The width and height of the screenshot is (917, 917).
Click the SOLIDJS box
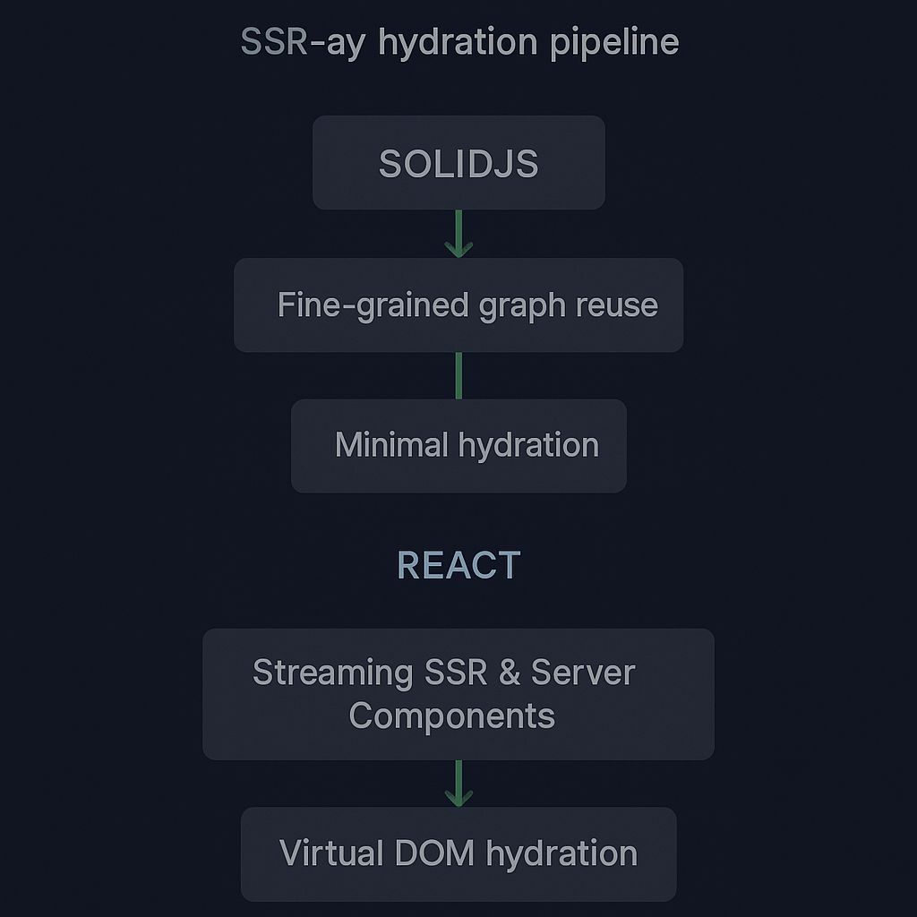pyautogui.click(x=458, y=163)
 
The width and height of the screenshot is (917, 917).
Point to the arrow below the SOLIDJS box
pyautogui.click(x=458, y=235)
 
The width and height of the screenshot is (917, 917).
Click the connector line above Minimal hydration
pyautogui.click(x=458, y=375)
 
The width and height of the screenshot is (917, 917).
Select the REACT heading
pyautogui.click(x=458, y=565)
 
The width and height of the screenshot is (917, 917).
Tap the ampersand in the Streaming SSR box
pyautogui.click(x=510, y=673)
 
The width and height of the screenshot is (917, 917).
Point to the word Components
pyautogui.click(x=452, y=716)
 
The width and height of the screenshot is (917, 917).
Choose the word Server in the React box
pyautogui.click(x=583, y=673)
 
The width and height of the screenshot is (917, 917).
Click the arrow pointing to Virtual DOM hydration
pyautogui.click(x=458, y=784)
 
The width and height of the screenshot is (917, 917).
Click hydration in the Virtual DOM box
pyautogui.click(x=561, y=853)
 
